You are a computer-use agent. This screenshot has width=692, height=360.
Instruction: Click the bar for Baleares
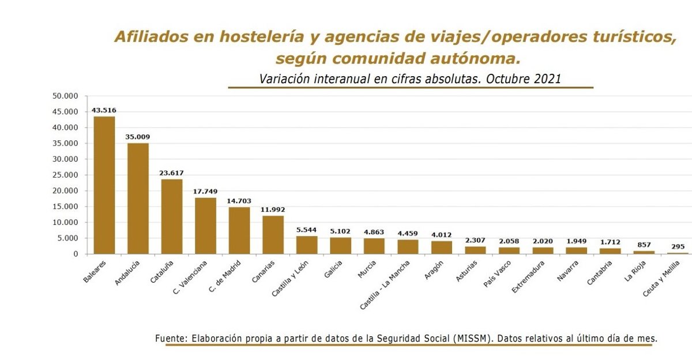pyautogui.click(x=104, y=185)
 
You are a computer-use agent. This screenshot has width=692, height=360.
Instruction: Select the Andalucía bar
pyautogui.click(x=138, y=198)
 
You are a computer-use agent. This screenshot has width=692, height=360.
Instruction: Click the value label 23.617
pyautogui.click(x=172, y=172)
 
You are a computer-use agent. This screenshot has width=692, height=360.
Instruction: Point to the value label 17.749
pyautogui.click(x=205, y=191)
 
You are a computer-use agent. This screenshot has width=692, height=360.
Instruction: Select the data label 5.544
pyautogui.click(x=307, y=230)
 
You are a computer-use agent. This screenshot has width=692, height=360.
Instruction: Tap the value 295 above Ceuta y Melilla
pyautogui.click(x=678, y=246)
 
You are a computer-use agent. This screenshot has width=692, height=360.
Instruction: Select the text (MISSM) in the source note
pyautogui.click(x=473, y=338)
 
